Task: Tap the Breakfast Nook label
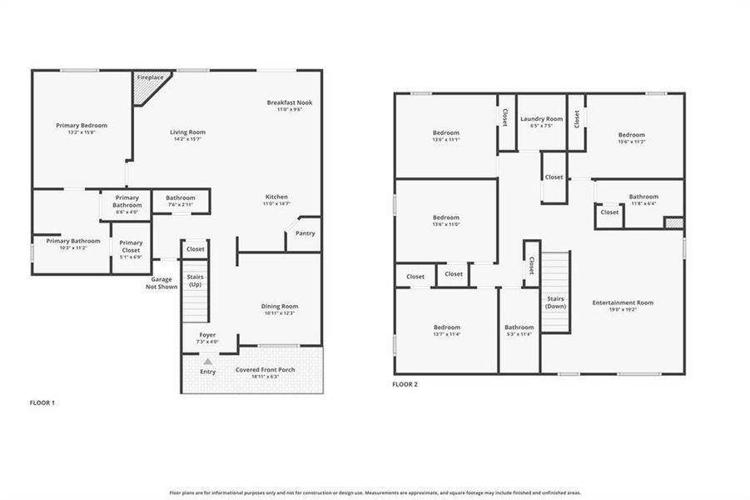click(289, 102)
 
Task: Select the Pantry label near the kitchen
click(305, 233)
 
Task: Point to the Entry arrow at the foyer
click(207, 362)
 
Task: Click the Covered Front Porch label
click(264, 369)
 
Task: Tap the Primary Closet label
click(131, 247)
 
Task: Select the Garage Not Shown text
click(161, 283)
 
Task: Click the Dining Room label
click(279, 307)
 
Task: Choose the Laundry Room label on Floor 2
click(541, 119)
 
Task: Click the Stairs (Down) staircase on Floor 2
click(555, 292)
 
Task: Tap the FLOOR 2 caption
click(405, 384)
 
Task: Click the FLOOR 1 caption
click(42, 402)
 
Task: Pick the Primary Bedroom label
click(82, 126)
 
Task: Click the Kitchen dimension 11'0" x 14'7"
click(276, 203)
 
